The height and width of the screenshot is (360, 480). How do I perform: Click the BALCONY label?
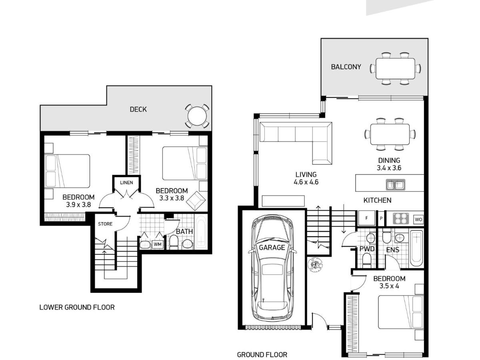pos(346,67)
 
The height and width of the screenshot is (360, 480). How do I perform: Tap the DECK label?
pos(138,109)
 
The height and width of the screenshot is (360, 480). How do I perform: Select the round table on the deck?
pos(197,116)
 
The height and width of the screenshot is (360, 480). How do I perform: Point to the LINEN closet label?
pos(126,182)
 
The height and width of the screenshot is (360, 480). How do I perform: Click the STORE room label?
pos(105,224)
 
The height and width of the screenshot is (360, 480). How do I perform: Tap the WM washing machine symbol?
pos(158,244)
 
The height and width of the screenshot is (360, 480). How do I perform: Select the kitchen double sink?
pos(395,185)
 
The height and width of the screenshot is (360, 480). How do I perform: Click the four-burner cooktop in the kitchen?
pos(401,218)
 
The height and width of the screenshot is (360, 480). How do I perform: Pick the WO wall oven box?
pos(418,219)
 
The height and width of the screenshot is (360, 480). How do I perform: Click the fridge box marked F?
pos(366,218)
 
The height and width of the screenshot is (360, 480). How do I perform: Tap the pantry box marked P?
pos(381,218)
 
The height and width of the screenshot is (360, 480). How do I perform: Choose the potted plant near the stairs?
pos(315,264)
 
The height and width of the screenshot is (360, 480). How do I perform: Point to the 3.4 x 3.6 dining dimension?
pos(389,168)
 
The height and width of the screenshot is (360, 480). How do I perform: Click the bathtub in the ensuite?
pos(416,248)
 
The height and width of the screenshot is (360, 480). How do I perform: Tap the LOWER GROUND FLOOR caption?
pos(77,307)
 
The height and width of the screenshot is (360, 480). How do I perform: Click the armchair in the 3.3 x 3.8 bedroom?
pos(196,201)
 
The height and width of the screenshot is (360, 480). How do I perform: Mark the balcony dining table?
pos(395,68)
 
